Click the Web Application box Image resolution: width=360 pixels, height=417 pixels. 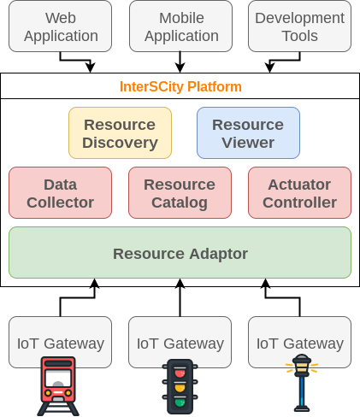point(60,26)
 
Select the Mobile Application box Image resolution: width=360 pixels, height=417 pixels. point(180,26)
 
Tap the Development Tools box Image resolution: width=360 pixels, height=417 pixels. point(299,26)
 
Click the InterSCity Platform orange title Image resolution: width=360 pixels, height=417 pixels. point(180,86)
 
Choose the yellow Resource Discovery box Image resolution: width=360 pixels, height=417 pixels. point(120,132)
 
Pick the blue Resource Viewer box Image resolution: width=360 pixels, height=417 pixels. point(248,132)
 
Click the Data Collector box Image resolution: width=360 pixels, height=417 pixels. point(60,192)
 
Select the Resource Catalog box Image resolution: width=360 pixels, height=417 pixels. point(180,192)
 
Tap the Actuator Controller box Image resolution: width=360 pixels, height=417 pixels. point(299,192)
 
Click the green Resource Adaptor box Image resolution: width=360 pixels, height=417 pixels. point(180,252)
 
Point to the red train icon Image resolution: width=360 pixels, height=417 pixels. point(58,386)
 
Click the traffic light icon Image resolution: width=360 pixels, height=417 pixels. point(180,386)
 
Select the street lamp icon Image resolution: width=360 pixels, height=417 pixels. point(302,383)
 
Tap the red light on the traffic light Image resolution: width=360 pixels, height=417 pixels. point(180,373)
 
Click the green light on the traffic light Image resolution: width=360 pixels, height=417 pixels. point(180,402)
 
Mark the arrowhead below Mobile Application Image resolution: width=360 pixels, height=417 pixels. point(180,68)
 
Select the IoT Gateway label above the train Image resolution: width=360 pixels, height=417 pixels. point(61,344)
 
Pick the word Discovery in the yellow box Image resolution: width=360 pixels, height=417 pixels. point(120,143)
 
